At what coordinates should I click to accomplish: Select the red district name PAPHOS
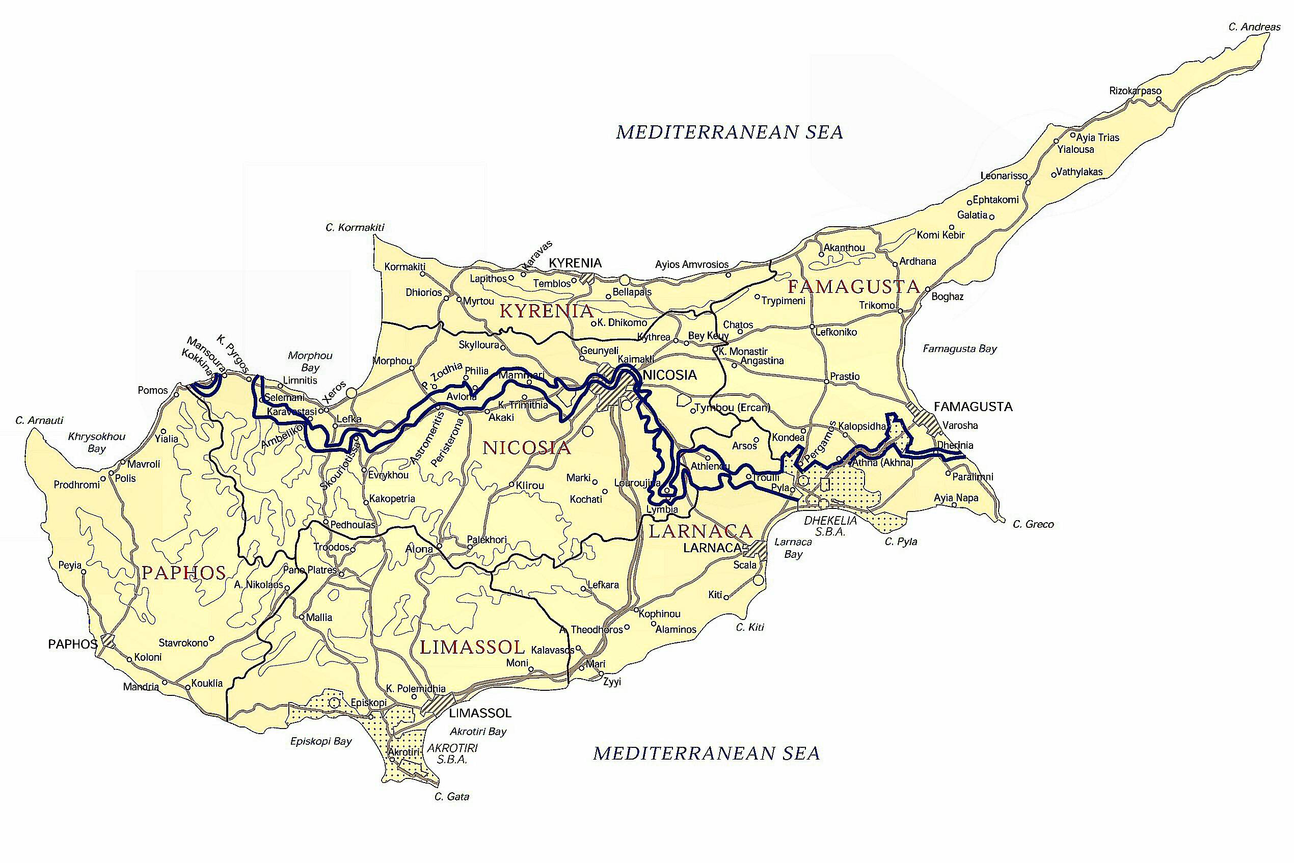[x=184, y=573]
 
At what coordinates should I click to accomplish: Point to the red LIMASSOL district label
[x=472, y=646]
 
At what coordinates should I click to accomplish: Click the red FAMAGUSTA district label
[x=854, y=286]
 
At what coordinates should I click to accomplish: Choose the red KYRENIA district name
[x=546, y=311]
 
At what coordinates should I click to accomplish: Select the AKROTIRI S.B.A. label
[x=452, y=754]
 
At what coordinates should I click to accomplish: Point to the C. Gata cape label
[x=451, y=796]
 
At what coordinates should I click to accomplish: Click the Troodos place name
[x=331, y=547]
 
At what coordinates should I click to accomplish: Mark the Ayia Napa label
[x=956, y=498]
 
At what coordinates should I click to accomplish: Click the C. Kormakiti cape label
[x=355, y=227]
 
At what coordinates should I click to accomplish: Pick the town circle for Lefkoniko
[x=813, y=327]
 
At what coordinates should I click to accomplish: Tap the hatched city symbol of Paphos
[x=108, y=641]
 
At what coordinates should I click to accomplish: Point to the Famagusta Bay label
[x=959, y=348]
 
